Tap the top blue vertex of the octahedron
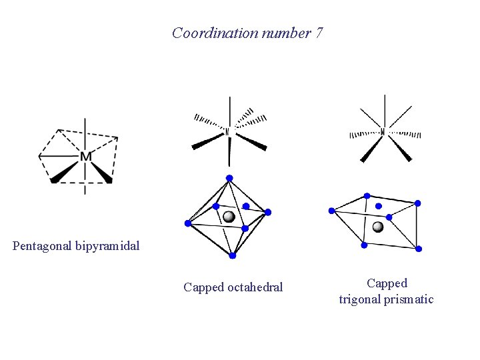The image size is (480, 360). coord(229,178)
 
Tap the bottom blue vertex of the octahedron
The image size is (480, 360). coord(232,255)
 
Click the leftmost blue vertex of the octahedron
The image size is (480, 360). coord(188,223)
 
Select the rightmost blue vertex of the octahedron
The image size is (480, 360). coord(268,212)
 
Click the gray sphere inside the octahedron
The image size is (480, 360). coord(229,217)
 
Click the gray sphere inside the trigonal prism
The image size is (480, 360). coord(378,227)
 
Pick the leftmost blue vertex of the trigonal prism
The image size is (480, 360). coord(331,211)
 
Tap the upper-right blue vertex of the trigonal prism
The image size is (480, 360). coord(418,203)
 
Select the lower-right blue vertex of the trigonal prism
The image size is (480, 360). coord(419,249)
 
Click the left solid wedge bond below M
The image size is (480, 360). coord(64,173)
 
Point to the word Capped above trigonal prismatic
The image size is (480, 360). coord(387,283)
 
